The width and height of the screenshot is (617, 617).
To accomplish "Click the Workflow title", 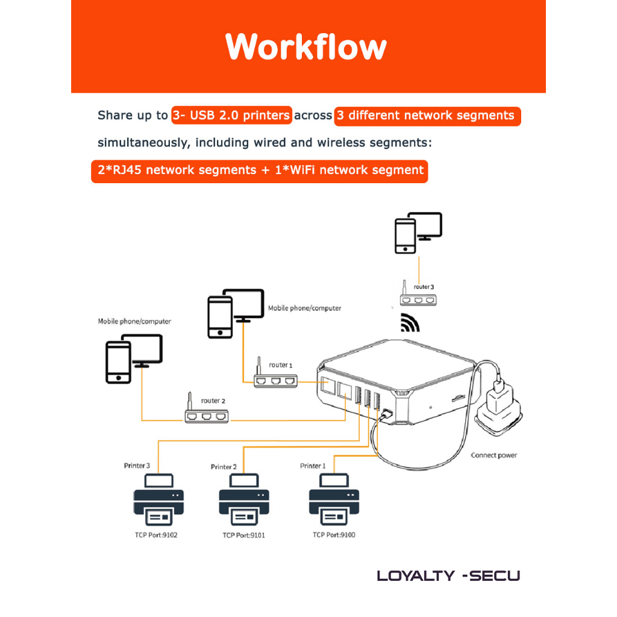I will pyautogui.click(x=306, y=47).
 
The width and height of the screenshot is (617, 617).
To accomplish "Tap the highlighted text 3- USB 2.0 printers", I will pyautogui.click(x=231, y=115).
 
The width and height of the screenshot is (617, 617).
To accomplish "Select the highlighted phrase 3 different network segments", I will pyautogui.click(x=426, y=115).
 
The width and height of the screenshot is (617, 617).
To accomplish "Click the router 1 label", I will pyautogui.click(x=280, y=365).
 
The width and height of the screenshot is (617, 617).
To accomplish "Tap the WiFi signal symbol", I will pyautogui.click(x=410, y=324).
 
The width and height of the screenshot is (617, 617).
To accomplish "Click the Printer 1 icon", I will pyautogui.click(x=334, y=501).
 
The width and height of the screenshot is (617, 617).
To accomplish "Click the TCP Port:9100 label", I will pyautogui.click(x=334, y=535).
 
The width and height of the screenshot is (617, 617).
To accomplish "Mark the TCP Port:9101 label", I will pyautogui.click(x=243, y=536).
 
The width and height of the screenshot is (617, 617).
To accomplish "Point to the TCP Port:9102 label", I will pyautogui.click(x=157, y=536).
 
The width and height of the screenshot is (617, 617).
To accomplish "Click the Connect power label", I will pyautogui.click(x=493, y=456).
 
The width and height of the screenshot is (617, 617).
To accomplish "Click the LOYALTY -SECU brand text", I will pyautogui.click(x=448, y=575).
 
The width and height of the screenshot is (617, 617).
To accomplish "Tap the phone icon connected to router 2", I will pyautogui.click(x=118, y=363).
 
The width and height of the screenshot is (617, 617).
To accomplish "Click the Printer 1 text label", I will pyautogui.click(x=313, y=466).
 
